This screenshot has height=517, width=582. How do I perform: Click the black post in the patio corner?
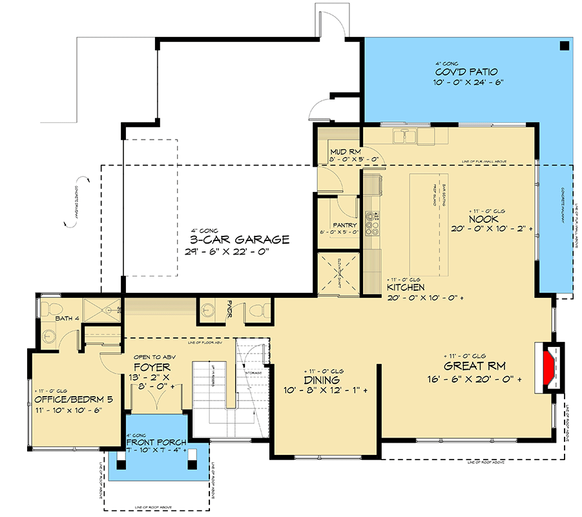(x=564, y=45)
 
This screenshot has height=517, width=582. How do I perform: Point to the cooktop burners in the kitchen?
(x=372, y=223)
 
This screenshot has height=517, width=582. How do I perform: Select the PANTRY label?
(x=345, y=207)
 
